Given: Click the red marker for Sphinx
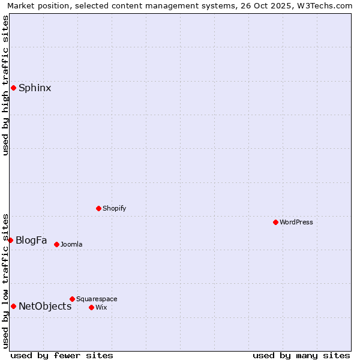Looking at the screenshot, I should click(13, 88).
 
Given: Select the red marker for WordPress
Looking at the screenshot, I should click(275, 222).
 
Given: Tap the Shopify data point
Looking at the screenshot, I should click(98, 208).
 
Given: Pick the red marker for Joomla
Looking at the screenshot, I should click(56, 244).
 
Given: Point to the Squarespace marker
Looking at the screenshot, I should click(72, 299).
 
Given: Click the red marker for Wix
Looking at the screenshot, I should click(91, 307).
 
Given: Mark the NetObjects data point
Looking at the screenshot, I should click(13, 306).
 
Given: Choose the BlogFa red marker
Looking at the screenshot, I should click(10, 240).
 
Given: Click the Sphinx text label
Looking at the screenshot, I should click(35, 88).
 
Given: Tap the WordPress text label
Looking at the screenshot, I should click(296, 222).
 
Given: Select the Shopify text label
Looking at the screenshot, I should click(114, 208).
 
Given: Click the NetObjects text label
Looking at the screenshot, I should click(45, 306).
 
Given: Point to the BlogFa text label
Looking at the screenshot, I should click(31, 240).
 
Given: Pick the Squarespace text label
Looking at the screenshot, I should click(97, 299).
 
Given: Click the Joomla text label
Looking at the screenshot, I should click(71, 244).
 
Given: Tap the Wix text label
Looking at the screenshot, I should click(101, 307).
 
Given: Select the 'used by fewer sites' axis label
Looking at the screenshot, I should click(62, 355).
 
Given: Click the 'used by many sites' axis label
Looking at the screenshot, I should click(301, 355).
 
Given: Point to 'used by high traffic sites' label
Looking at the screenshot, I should click(5, 86).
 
